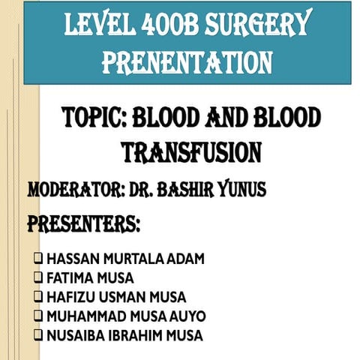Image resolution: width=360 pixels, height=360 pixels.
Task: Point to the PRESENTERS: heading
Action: tap(83, 223)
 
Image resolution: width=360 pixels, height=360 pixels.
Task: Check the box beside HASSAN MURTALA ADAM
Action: tap(37, 259)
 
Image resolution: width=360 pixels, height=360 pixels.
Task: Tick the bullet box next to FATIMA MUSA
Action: tap(37, 278)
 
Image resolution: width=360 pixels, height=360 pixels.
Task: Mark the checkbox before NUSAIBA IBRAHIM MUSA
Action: tap(37, 335)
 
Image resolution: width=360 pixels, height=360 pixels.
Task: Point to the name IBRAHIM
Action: tap(139, 335)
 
